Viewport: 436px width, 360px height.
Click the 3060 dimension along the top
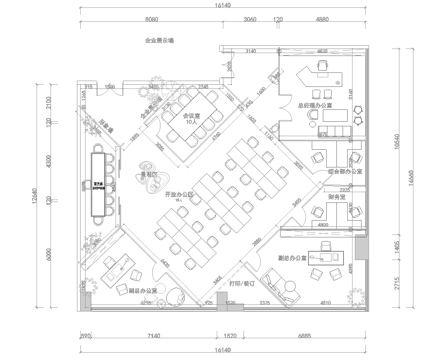coord(249,19)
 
